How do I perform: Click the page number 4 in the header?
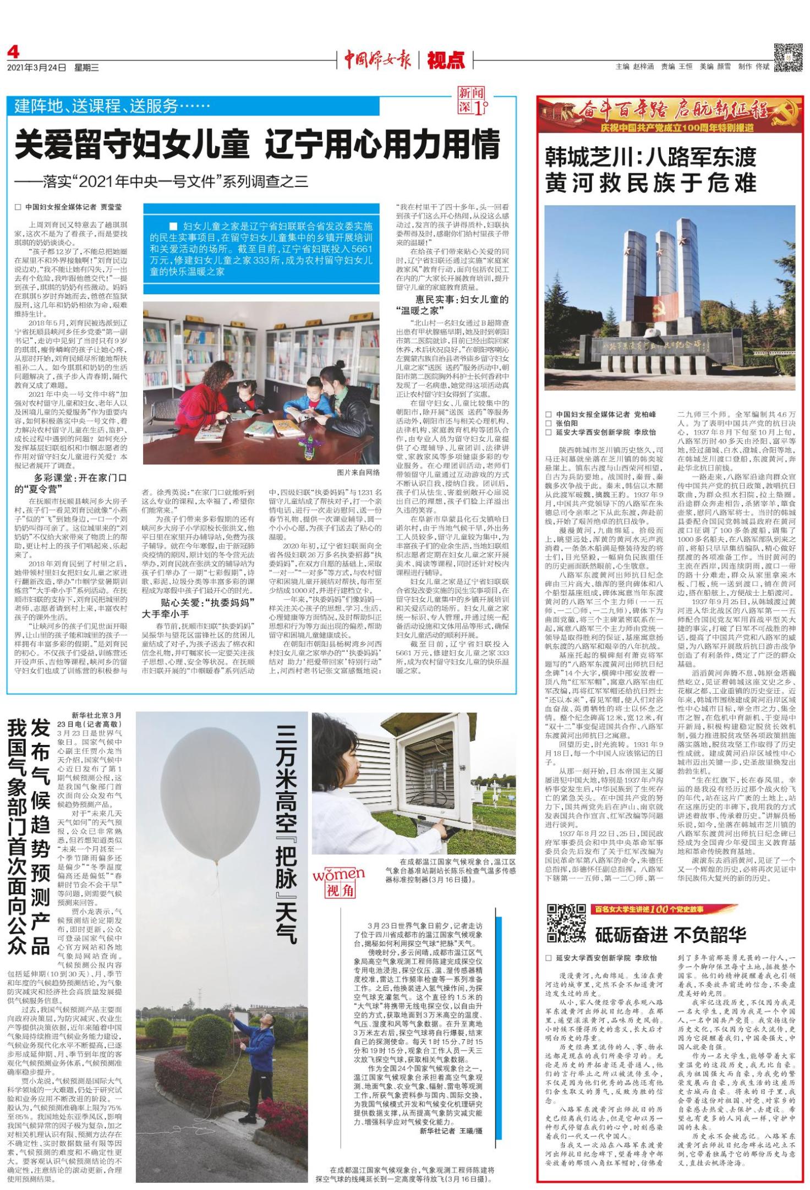point(13,52)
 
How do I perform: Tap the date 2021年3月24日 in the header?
point(36,68)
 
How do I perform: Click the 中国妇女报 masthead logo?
point(377,59)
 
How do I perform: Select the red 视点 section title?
point(446,60)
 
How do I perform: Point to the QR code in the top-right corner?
point(787,57)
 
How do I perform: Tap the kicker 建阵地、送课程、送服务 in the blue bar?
point(112,105)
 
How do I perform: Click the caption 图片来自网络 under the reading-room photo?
point(358,472)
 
